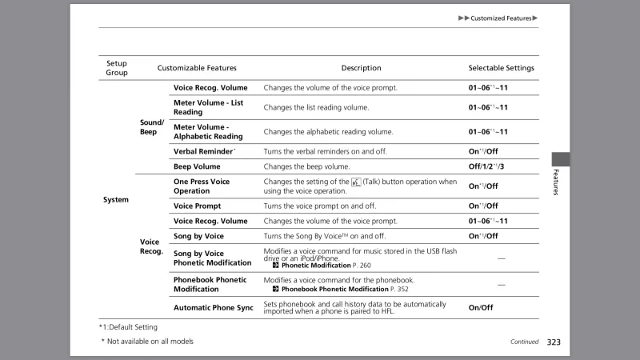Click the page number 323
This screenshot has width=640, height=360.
coord(554,342)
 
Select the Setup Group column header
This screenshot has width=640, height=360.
coord(117,68)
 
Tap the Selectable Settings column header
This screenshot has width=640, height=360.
coord(501,68)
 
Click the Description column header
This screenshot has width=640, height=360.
coord(361,68)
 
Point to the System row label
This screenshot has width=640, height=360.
coord(116,199)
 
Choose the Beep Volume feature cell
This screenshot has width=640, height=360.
coord(197,166)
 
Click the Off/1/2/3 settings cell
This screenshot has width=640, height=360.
coord(486,166)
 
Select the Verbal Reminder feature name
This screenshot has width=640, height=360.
coord(204,151)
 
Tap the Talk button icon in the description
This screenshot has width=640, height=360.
coord(356,182)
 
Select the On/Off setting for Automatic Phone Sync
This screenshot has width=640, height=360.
coord(481,307)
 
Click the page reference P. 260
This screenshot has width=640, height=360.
coord(362,265)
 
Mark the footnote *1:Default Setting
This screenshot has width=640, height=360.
coord(122,326)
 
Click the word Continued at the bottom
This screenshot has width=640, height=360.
coord(524,342)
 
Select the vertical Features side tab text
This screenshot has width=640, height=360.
coord(554,183)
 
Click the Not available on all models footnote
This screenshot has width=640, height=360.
coord(147,342)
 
